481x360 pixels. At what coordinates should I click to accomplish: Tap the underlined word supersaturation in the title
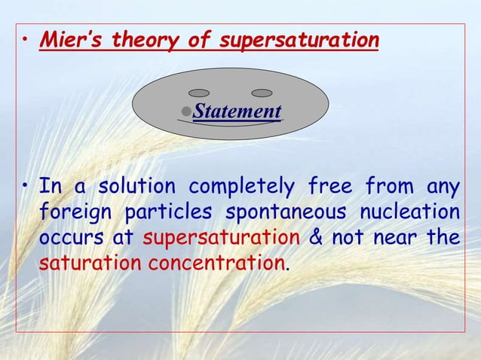click(299, 40)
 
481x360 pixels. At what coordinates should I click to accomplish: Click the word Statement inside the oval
click(237, 112)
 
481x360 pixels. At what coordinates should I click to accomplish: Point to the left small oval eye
click(199, 93)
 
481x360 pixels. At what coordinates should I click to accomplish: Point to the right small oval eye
click(262, 93)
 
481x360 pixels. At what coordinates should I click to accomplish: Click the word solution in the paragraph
click(139, 185)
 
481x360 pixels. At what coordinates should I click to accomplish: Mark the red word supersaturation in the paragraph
click(221, 239)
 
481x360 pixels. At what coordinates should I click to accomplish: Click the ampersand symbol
click(317, 239)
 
